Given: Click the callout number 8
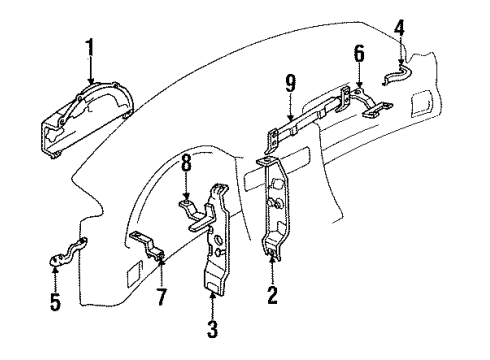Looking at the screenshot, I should pos(185,187).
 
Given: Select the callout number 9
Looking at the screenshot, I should pos(290,100).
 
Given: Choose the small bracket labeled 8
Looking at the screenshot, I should pos(192,211).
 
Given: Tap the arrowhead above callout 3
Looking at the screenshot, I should pos(213,292).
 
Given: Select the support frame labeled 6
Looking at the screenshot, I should pos(365,100).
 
